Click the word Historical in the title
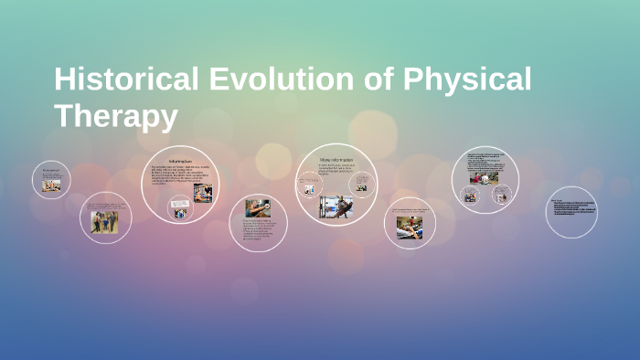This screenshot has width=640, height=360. point(122,79)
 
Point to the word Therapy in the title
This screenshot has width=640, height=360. point(115,116)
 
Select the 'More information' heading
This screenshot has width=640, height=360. point(336,160)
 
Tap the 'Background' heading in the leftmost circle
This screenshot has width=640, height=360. point(49,169)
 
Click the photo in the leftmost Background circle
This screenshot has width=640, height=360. point(52,185)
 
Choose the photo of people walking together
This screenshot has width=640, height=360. point(102,222)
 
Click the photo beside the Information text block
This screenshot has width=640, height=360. point(202,192)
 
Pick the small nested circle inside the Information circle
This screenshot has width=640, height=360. point(179,209)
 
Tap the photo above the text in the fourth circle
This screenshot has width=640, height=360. point(257,208)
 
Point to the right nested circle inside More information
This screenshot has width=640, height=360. point(361,185)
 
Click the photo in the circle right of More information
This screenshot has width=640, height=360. point(408,228)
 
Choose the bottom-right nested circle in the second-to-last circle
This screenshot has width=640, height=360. point(500,196)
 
